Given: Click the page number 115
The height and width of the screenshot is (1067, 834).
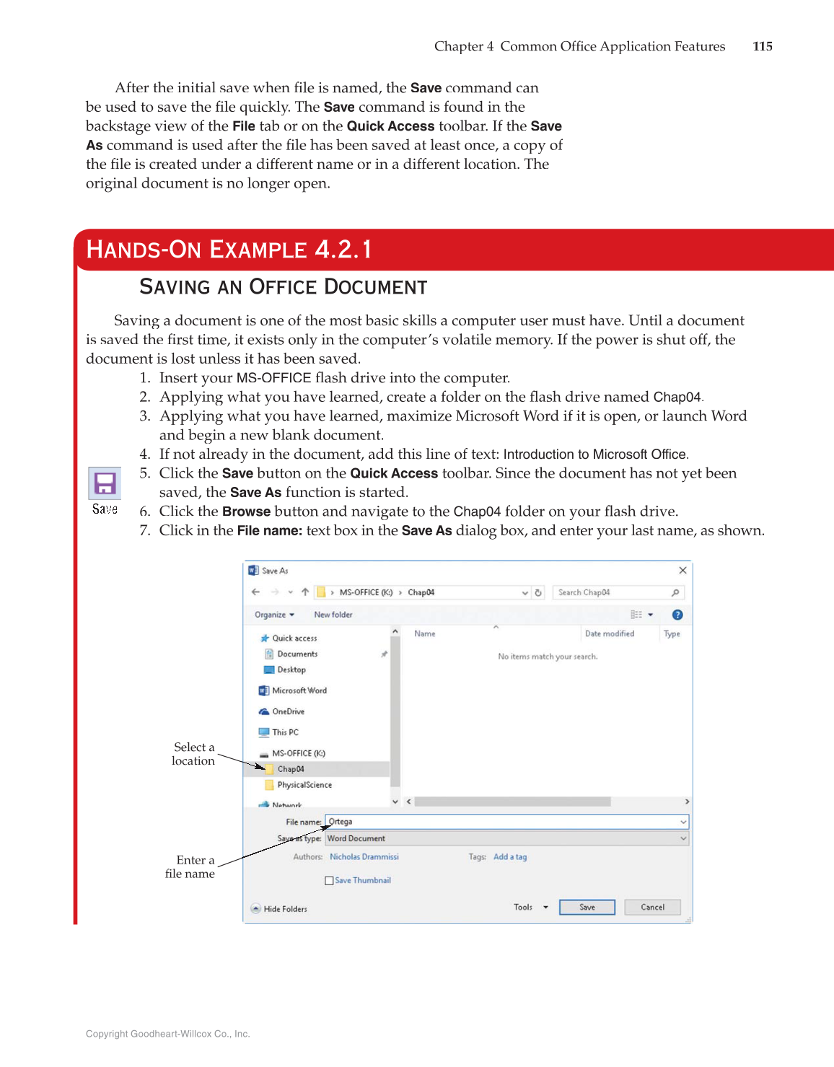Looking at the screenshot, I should pos(762,46).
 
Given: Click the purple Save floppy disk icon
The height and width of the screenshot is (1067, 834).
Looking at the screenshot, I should pos(105,483).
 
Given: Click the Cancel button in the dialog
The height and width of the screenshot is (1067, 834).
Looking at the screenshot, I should pos(652,907).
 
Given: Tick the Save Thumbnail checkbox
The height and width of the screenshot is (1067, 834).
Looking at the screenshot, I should pos(329,880).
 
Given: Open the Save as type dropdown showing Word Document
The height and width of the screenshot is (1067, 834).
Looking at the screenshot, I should pos(505,838).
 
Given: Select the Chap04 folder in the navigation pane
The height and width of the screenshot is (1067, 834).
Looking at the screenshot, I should pos(290,769).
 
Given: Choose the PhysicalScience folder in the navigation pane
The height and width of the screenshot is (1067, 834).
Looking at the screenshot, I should pos(304,785).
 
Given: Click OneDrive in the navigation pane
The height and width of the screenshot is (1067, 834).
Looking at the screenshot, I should pos(288,711).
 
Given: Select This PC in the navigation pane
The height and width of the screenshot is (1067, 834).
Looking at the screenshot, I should pos(285,732).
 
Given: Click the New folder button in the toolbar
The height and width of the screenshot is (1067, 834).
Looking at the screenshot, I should pos(333,615).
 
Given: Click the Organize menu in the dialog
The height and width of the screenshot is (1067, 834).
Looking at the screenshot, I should pos(274,615).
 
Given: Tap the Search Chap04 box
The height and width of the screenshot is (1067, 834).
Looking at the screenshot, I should pos(613,592).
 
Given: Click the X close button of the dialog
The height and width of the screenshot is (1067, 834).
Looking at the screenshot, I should pos(682,570).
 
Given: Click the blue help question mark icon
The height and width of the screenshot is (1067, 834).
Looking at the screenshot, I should pos(677,615).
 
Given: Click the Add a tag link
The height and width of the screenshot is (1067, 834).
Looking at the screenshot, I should pos(510,857).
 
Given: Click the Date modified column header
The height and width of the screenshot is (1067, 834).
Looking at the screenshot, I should pos(609,633).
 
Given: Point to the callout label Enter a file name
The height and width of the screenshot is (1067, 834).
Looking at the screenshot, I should pos(191,866).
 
